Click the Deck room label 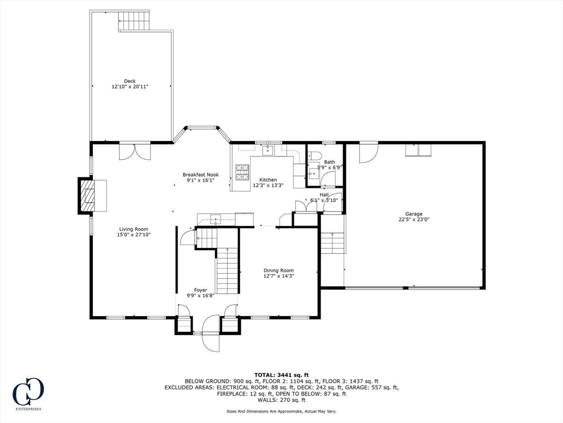click(x=130, y=82)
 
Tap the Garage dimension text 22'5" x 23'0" click(x=414, y=219)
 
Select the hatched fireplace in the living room click(x=87, y=196)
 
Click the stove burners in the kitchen click(x=242, y=172)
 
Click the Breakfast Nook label click(x=200, y=175)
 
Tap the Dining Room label click(x=279, y=270)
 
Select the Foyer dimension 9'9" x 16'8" click(x=200, y=296)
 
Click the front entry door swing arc click(x=211, y=333)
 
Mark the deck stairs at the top click(x=134, y=21)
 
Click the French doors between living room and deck click(x=135, y=151)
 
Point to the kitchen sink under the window click(x=268, y=150)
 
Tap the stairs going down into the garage click(x=333, y=243)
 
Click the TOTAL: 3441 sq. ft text click(x=281, y=375)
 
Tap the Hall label click(x=324, y=194)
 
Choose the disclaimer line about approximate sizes click(x=281, y=411)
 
